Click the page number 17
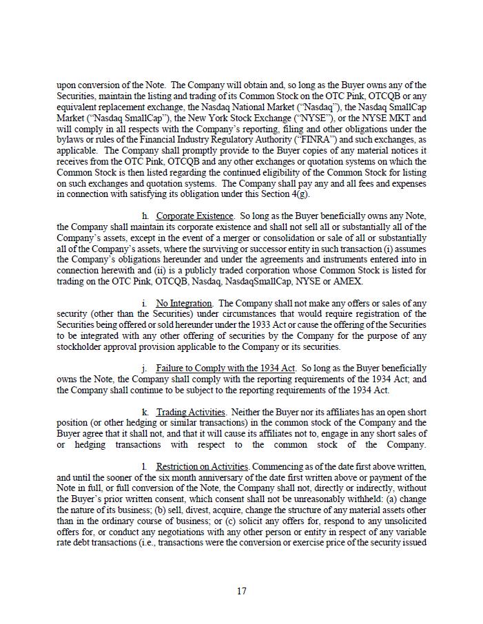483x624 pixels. [241, 591]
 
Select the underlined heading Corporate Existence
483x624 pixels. [195, 216]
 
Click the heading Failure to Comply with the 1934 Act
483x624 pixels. [225, 368]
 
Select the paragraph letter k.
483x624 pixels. [145, 412]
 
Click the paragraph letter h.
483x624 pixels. [145, 216]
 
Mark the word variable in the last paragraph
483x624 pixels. [410, 532]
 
